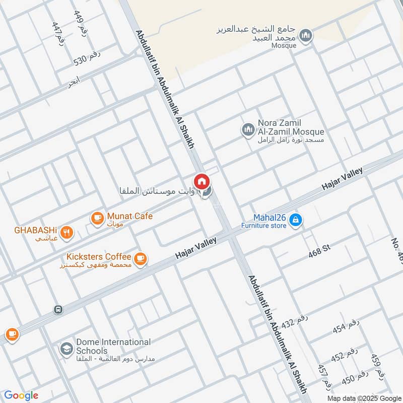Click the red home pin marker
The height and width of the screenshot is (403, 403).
tap(201, 181)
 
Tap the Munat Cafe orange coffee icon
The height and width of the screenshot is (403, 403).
tap(97, 218)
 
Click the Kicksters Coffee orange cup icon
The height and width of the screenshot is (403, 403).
tap(140, 258)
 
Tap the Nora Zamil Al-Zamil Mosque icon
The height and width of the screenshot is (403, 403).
tap(247, 130)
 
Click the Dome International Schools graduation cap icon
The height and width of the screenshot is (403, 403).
tap(66, 348)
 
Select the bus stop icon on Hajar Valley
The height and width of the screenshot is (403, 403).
tap(58, 309)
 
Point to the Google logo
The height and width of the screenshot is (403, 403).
tap(21, 395)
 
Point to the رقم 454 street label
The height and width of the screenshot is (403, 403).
tap(346, 327)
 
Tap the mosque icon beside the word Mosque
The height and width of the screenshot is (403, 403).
tap(305, 36)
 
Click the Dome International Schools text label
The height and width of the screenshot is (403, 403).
tap(113, 346)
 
